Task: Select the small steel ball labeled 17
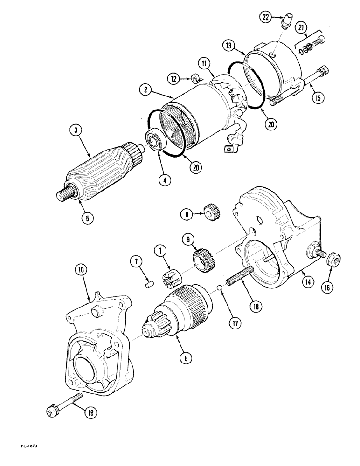coord(220,293)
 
